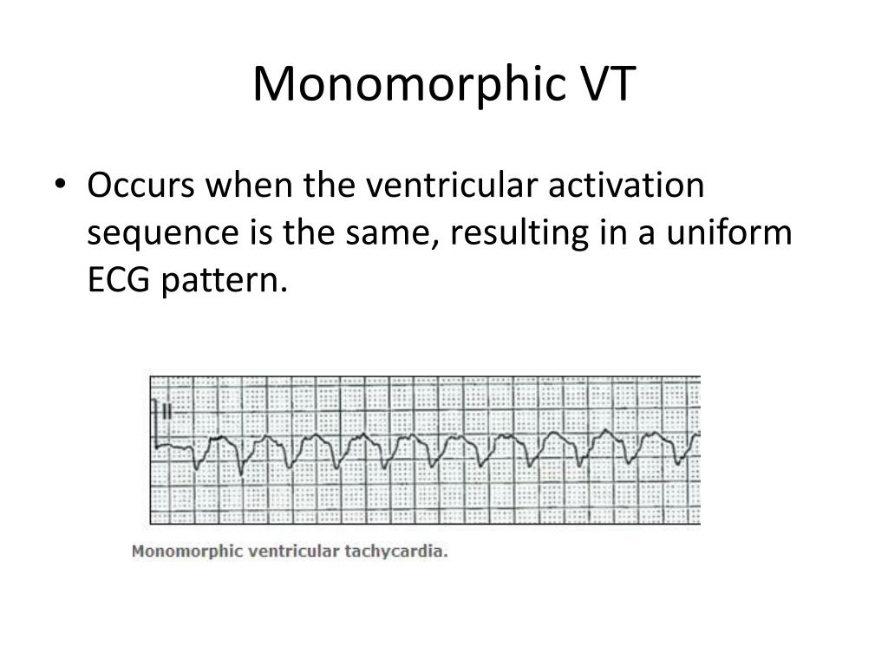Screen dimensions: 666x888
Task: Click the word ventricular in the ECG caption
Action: click(291, 551)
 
